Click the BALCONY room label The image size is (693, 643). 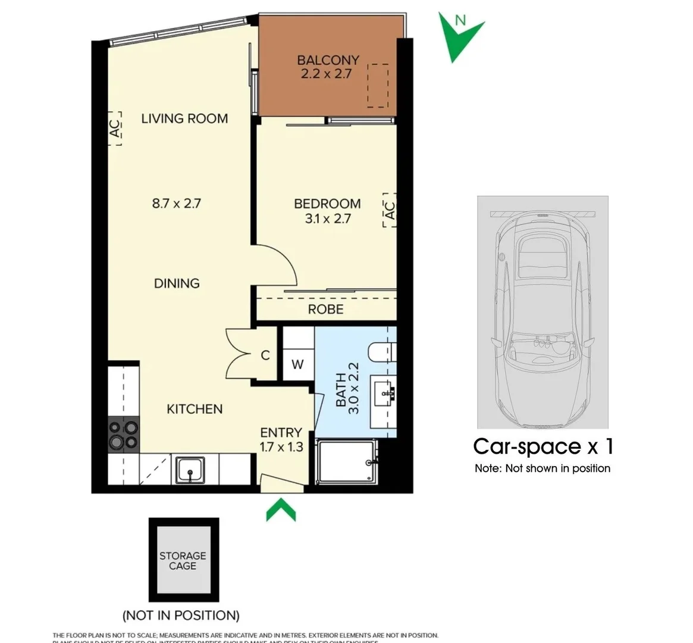pyautogui.click(x=328, y=60)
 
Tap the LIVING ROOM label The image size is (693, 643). pyautogui.click(x=184, y=118)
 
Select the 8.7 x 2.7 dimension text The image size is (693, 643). pyautogui.click(x=177, y=204)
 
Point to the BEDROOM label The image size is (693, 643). pyautogui.click(x=327, y=204)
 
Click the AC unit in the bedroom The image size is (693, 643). pyautogui.click(x=389, y=210)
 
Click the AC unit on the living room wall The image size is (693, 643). pyautogui.click(x=115, y=128)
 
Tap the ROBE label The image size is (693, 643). pyautogui.click(x=325, y=310)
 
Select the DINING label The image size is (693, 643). pyautogui.click(x=177, y=283)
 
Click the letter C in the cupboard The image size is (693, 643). pyautogui.click(x=265, y=355)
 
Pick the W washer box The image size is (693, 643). pyautogui.click(x=297, y=364)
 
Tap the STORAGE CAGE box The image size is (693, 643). pyautogui.click(x=183, y=561)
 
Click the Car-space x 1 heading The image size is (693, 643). pyautogui.click(x=543, y=447)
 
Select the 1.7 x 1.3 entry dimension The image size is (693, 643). pyautogui.click(x=281, y=447)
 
